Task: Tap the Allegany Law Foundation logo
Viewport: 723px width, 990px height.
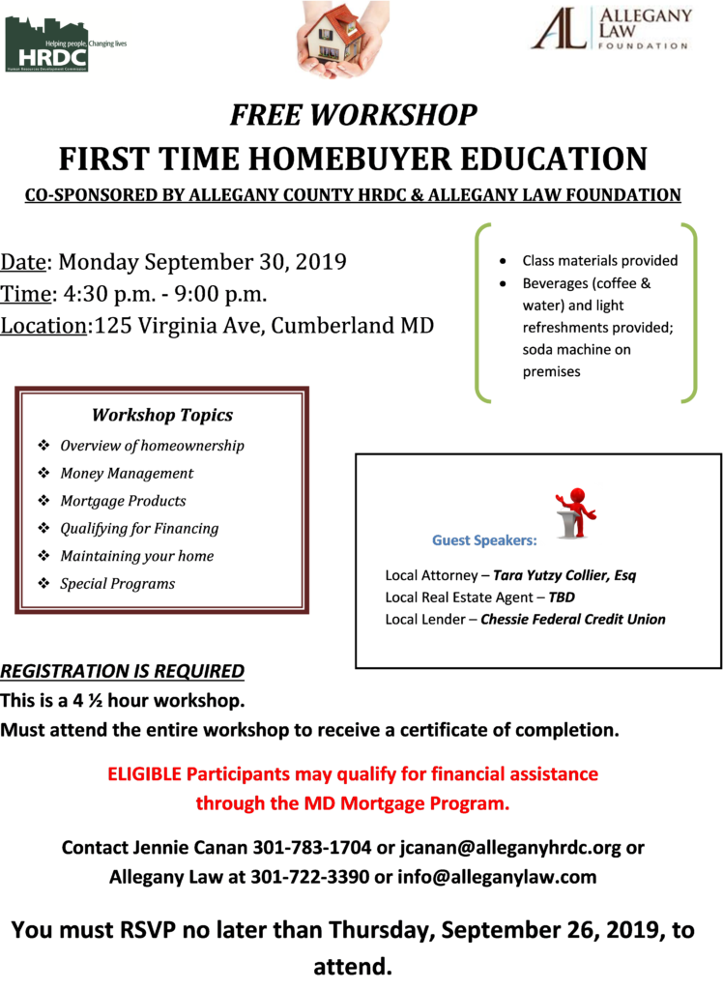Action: [x=611, y=29]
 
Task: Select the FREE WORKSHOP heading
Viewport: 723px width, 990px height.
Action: [x=353, y=115]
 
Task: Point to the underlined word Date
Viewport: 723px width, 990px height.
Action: [x=23, y=262]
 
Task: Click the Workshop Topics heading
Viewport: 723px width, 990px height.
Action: [x=162, y=415]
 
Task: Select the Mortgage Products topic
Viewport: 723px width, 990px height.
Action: [x=123, y=502]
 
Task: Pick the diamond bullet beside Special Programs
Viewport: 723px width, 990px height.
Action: [x=43, y=583]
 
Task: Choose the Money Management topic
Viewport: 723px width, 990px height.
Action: [x=127, y=474]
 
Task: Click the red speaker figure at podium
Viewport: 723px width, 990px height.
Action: [x=575, y=512]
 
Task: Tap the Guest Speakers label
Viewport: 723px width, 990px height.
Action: [x=484, y=540]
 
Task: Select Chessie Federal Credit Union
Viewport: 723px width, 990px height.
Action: [x=573, y=620]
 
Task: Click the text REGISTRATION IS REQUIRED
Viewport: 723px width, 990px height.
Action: [x=123, y=671]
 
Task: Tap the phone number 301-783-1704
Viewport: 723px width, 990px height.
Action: [x=312, y=847]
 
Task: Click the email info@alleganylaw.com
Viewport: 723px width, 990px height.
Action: [x=497, y=877]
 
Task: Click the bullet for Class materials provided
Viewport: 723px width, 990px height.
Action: [x=503, y=261]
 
